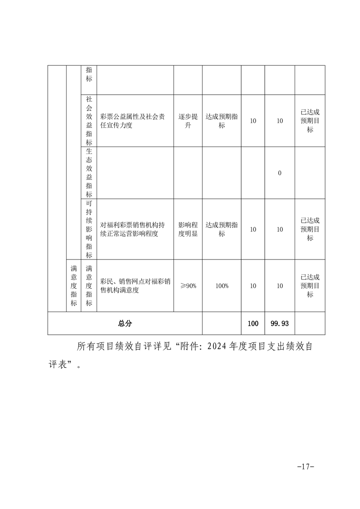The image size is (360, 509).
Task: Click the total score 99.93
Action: point(280,323)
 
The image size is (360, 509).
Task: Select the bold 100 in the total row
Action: point(253,323)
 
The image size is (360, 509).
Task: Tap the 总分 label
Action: point(125,323)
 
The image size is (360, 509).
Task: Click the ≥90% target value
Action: point(188,286)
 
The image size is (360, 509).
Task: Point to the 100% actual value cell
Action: point(222,286)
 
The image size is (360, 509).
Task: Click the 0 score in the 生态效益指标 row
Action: point(280,173)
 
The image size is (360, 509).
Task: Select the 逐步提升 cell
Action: point(188,121)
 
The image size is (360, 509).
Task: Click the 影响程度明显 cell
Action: point(188,229)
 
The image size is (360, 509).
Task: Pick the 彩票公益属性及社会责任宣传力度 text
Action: point(135,121)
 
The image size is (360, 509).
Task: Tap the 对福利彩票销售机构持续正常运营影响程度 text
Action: point(135,229)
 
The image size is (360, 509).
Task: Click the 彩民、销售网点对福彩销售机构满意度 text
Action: point(135,286)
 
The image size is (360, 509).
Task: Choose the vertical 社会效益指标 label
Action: point(89,121)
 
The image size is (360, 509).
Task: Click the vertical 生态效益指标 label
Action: point(89,173)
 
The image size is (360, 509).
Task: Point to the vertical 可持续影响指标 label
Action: point(89,229)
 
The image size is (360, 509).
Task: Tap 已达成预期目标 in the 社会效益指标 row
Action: point(310,121)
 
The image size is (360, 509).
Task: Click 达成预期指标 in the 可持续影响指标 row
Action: point(222,229)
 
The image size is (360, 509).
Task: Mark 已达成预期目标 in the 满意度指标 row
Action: point(310,286)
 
